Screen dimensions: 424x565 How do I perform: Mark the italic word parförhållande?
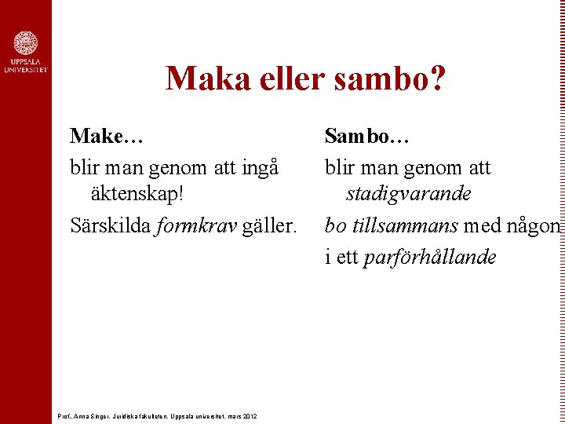[430, 258]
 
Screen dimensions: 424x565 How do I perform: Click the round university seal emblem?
[25, 44]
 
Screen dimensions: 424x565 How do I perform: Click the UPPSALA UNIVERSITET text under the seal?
[25, 66]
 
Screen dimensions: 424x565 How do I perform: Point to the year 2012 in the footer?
[250, 415]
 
